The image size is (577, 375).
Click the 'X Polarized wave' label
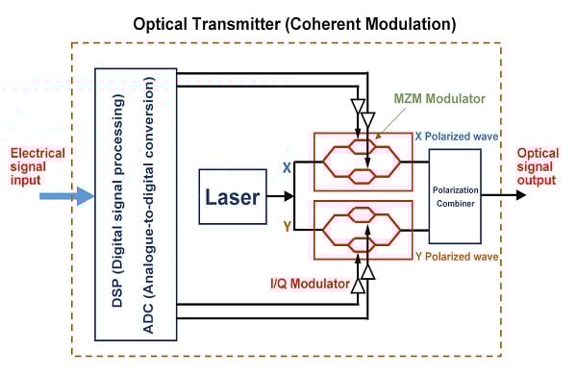pos(457,137)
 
